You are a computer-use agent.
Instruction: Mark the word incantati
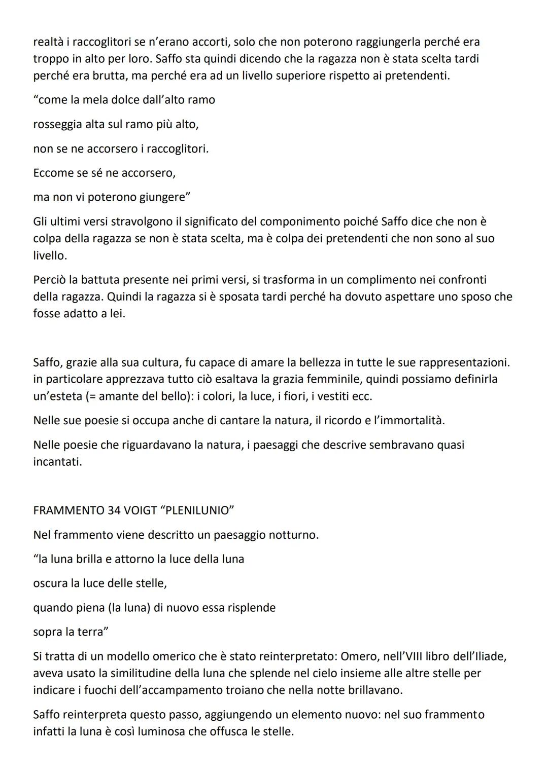pyautogui.click(x=57, y=462)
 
